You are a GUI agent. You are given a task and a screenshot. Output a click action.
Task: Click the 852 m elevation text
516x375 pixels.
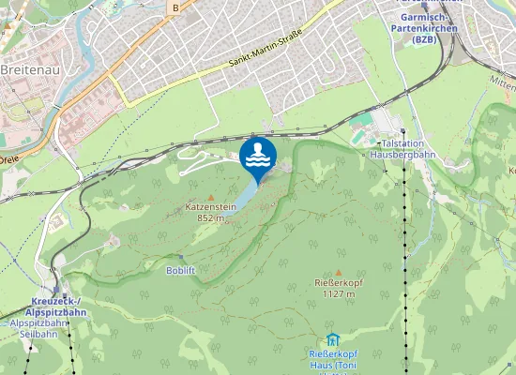click(x=210, y=217)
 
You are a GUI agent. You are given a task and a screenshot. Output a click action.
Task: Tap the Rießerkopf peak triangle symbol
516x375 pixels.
click(x=338, y=272)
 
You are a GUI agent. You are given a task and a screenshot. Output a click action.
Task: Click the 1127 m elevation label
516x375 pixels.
click(x=338, y=293)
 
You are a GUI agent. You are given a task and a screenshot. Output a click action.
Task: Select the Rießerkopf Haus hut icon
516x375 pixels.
click(x=331, y=339)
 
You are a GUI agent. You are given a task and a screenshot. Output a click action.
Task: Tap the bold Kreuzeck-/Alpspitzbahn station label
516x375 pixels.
click(x=53, y=306)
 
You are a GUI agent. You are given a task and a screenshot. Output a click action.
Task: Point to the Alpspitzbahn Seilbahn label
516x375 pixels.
click(x=39, y=328)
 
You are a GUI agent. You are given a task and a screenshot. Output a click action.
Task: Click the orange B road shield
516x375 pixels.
click(x=175, y=7)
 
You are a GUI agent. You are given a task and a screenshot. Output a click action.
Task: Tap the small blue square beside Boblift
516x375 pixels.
click(x=180, y=257)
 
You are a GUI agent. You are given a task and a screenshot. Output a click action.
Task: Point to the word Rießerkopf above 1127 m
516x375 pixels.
click(x=338, y=283)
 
